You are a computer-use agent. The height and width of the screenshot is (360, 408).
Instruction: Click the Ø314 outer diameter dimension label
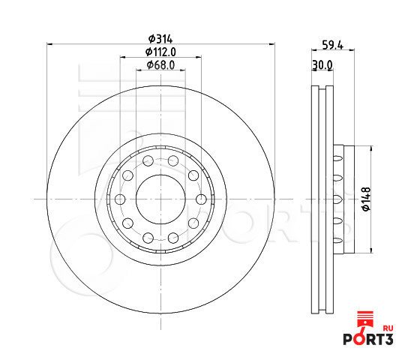point(160,39)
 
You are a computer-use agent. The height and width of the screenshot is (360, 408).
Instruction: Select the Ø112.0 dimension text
point(160,52)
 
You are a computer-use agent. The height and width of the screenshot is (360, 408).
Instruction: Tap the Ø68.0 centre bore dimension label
point(160,65)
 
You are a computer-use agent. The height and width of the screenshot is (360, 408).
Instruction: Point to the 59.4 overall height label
point(333,45)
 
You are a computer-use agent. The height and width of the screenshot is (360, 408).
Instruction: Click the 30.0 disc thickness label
point(322,65)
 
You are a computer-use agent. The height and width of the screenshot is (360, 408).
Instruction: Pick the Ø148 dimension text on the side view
point(366,199)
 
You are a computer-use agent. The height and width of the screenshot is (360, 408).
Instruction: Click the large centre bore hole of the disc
point(160,199)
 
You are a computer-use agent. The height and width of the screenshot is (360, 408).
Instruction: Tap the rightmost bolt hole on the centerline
point(201,199)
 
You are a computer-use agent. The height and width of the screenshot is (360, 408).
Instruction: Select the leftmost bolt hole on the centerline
point(120,199)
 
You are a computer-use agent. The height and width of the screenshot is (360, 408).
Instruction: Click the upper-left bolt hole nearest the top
point(148,160)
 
